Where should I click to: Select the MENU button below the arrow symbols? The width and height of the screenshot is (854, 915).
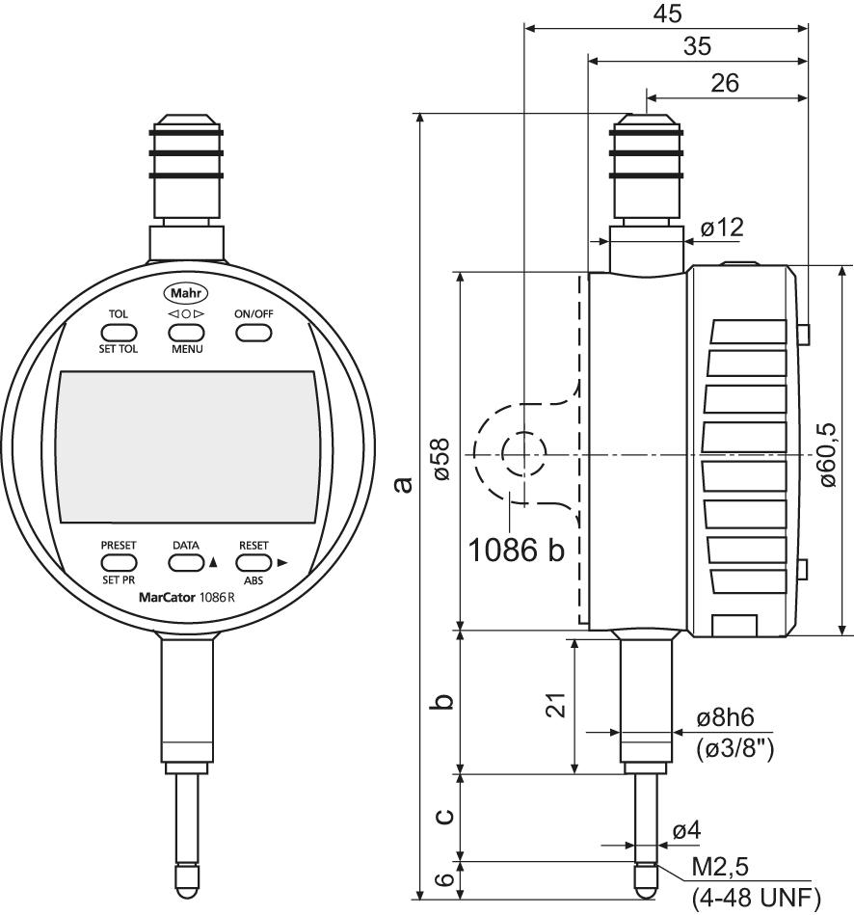click(x=187, y=333)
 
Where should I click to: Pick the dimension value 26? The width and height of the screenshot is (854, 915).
click(x=724, y=84)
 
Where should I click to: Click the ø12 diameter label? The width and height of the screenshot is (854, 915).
click(x=722, y=229)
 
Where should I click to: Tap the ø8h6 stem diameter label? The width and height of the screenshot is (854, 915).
click(x=724, y=719)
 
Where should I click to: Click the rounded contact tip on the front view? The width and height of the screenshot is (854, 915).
click(x=187, y=879)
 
